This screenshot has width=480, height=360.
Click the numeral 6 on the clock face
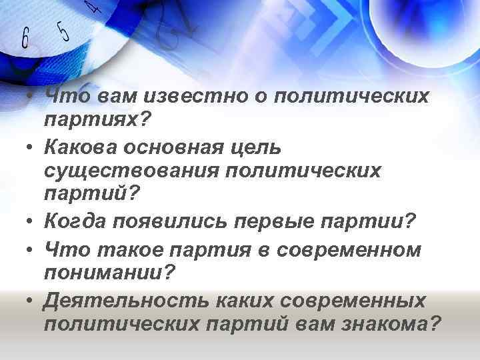click(x=25, y=39)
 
